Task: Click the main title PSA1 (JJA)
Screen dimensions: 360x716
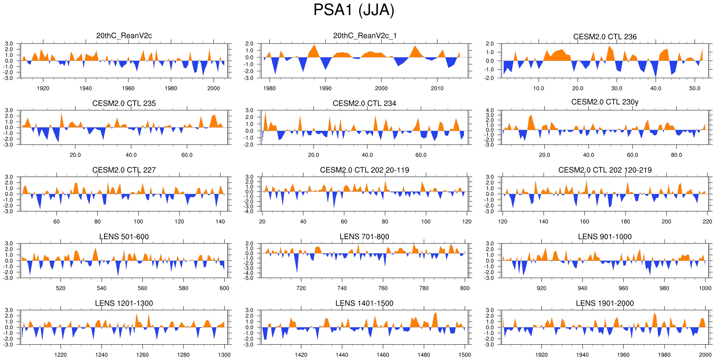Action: click(354, 10)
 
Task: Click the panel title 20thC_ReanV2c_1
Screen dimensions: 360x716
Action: click(364, 36)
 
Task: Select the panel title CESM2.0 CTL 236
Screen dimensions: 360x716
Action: click(604, 37)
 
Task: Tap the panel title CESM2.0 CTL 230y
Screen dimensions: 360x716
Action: click(604, 102)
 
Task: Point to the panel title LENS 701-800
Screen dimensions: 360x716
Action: click(364, 237)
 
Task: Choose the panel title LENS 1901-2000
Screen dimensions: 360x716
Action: click(604, 303)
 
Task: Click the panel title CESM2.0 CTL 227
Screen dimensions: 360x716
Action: click(124, 170)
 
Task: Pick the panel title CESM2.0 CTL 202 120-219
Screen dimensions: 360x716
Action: click(604, 170)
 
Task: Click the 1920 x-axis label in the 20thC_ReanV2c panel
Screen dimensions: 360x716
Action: click(43, 88)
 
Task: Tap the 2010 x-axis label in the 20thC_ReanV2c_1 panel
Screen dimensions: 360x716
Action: click(437, 88)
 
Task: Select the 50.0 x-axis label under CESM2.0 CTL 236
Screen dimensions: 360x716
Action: click(694, 88)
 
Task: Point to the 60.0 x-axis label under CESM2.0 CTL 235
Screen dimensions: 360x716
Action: click(187, 155)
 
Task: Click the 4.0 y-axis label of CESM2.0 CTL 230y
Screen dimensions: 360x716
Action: click(489, 110)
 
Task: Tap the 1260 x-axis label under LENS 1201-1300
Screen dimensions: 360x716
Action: click(142, 355)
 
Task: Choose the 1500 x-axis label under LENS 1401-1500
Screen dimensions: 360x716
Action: click(464, 355)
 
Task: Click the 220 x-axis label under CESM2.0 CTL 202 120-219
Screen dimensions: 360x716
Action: click(707, 222)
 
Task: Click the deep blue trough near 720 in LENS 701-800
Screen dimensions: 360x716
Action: click(297, 269)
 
